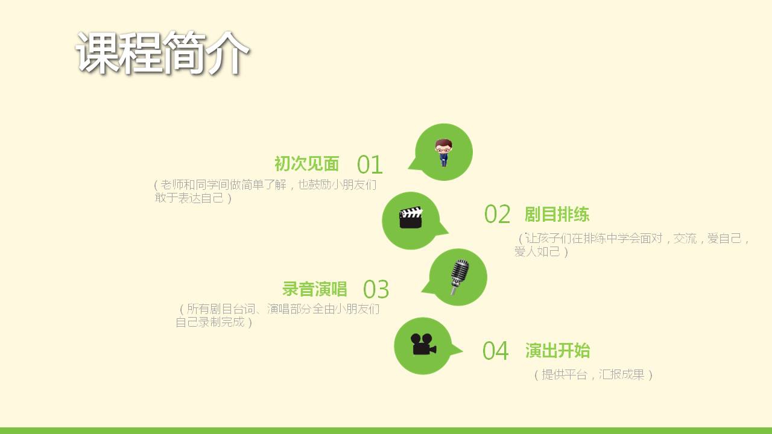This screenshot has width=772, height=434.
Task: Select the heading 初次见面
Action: click(307, 163)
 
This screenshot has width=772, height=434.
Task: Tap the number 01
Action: click(370, 165)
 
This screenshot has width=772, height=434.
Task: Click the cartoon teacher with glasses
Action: click(443, 153)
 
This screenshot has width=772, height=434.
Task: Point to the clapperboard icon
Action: click(411, 218)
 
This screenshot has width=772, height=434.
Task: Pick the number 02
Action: click(497, 214)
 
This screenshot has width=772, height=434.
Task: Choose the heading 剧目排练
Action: click(557, 214)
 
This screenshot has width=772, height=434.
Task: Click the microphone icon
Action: click(460, 277)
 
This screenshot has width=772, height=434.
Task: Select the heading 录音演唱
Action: click(314, 289)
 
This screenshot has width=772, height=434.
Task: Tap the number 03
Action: click(376, 289)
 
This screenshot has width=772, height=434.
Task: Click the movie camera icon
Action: click(423, 344)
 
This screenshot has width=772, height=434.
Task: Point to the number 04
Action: click(495, 351)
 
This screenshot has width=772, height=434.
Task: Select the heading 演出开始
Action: click(558, 351)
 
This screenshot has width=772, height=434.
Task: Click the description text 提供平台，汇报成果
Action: click(593, 374)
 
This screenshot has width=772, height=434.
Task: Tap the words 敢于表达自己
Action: click(189, 198)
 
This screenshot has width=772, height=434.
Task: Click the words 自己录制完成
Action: click(210, 322)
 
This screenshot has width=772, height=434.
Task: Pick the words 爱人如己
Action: click(537, 251)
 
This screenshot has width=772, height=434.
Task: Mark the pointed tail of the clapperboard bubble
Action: click(448, 233)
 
